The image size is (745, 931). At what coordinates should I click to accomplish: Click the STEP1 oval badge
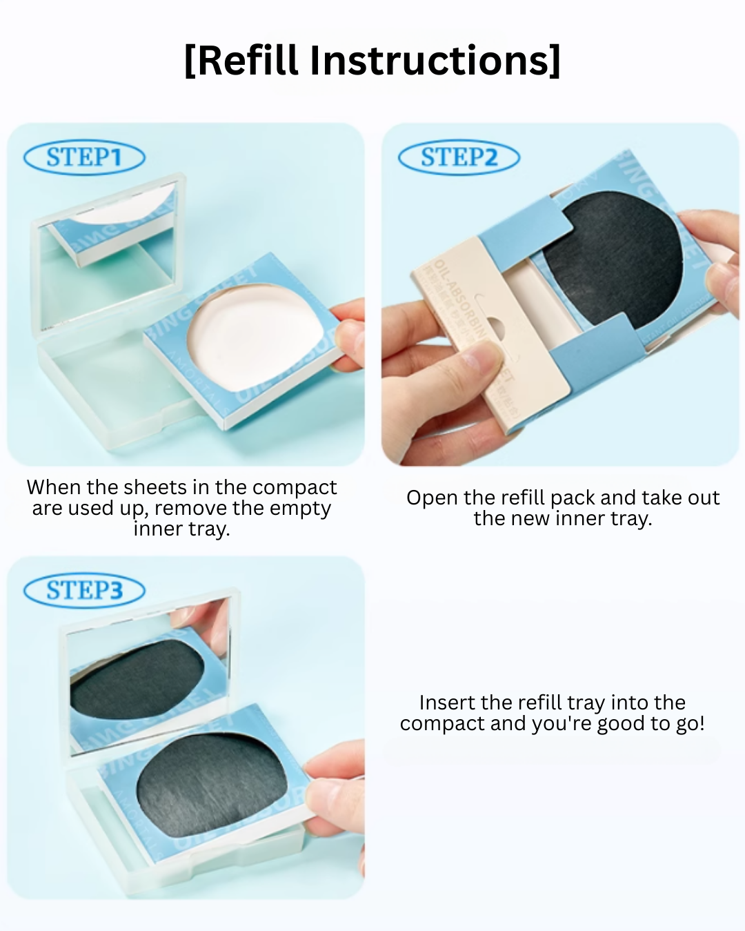click(x=84, y=157)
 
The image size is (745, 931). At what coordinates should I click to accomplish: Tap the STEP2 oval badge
click(x=459, y=157)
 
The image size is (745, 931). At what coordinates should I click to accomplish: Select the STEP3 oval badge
click(x=84, y=591)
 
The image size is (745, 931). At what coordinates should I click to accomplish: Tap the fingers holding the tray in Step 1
click(x=348, y=331)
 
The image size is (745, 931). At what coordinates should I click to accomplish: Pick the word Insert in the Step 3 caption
click(x=447, y=703)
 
